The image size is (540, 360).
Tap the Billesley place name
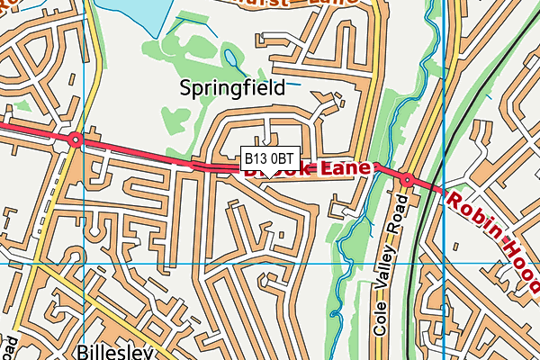tap(113, 351)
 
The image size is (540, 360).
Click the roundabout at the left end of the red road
tap(75, 139)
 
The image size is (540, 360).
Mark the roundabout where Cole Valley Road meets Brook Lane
tap(407, 180)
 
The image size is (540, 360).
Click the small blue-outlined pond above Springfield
tap(232, 60)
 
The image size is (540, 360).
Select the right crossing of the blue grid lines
tap(445, 264)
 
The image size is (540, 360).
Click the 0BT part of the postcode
tap(282, 158)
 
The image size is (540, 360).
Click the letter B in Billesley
tap(83, 351)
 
